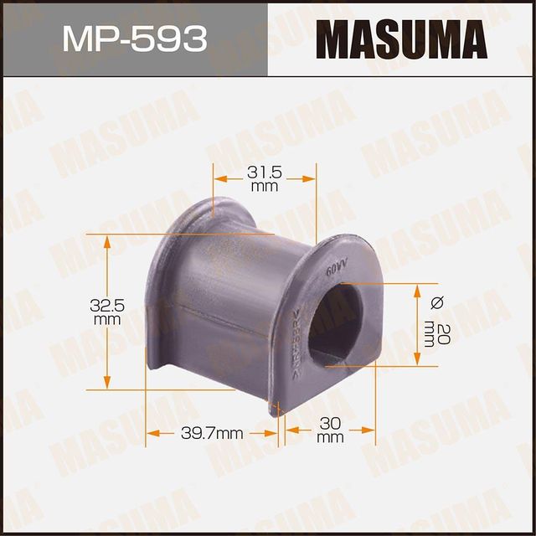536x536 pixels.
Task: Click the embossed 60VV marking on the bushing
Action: click(x=337, y=268)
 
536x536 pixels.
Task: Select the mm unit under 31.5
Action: click(x=264, y=187)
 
